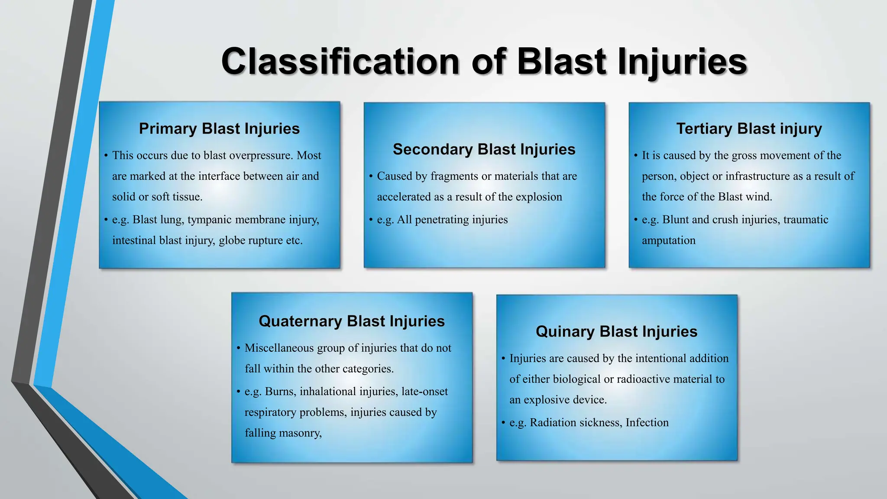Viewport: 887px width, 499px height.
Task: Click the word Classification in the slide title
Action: [340, 62]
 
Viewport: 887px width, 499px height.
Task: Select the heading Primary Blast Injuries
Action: [219, 129]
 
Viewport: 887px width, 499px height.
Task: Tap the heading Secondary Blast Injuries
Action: [484, 149]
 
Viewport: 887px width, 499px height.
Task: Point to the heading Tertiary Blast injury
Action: [749, 129]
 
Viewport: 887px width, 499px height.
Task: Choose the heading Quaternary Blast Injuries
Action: [352, 321]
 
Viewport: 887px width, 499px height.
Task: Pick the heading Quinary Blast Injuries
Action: [616, 332]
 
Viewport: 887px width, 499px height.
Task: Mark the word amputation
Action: [668, 240]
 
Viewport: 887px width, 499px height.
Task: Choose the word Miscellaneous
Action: [279, 348]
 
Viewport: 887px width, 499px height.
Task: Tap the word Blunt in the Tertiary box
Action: [675, 220]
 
